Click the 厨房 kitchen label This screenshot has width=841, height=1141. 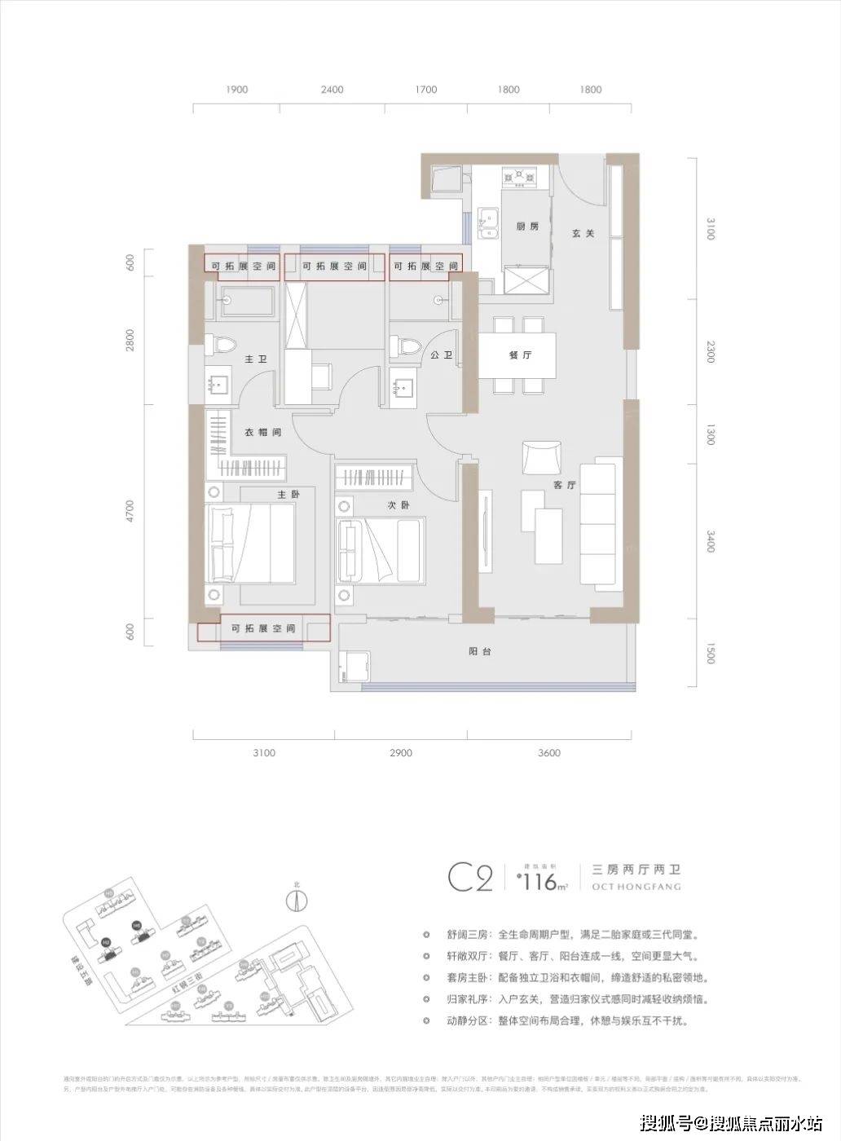pyautogui.click(x=527, y=227)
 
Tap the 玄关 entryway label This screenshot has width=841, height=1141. pyautogui.click(x=583, y=233)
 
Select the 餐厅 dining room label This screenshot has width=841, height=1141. pyautogui.click(x=520, y=356)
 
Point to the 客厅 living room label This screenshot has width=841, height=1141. pyautogui.click(x=565, y=485)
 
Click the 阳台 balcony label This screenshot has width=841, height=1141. pyautogui.click(x=480, y=652)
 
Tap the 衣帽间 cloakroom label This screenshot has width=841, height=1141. pyautogui.click(x=262, y=432)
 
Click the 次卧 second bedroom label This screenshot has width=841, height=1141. pyautogui.click(x=398, y=505)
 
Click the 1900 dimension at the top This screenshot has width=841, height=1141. pyautogui.click(x=237, y=90)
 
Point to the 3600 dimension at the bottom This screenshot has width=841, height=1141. pyautogui.click(x=549, y=753)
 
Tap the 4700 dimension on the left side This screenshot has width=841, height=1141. pyautogui.click(x=131, y=512)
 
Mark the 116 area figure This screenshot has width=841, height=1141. pyautogui.click(x=538, y=882)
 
